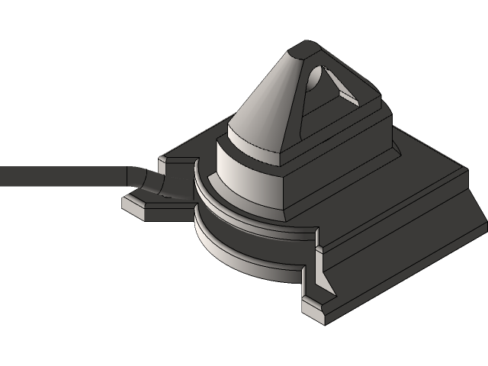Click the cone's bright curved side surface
pos(263,107)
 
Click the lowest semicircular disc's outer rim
pos(244,263)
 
